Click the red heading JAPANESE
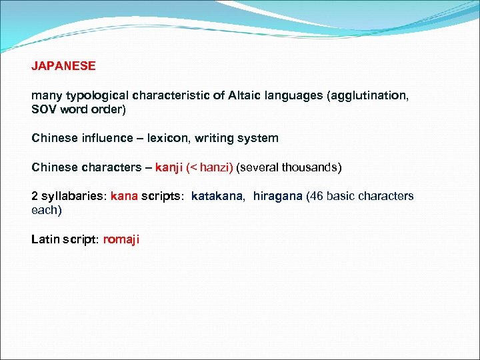(63, 66)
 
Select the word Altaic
(247, 96)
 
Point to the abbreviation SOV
(44, 109)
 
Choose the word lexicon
(169, 139)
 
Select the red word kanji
(169, 167)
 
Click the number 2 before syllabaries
(35, 197)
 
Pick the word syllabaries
(73, 197)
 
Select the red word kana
(124, 197)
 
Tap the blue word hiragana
(277, 197)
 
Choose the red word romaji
(121, 239)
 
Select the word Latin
(45, 239)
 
